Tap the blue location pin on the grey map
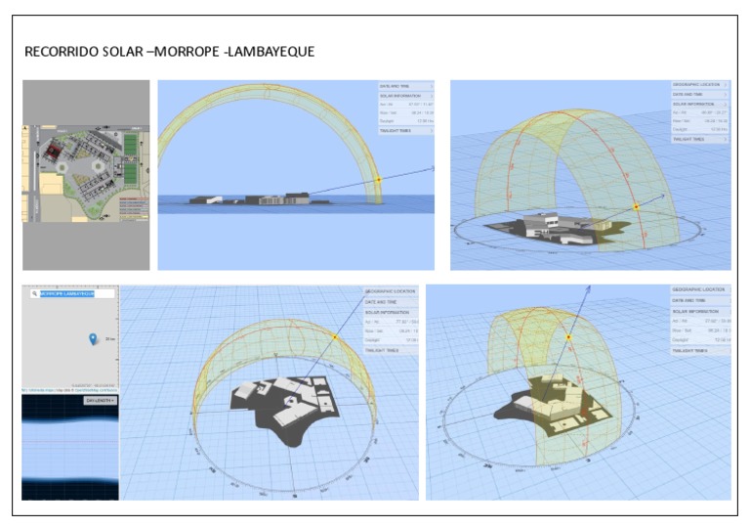coord(93,339)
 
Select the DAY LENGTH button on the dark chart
coord(100,400)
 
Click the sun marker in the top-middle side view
coord(379,180)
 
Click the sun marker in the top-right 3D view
coord(636,206)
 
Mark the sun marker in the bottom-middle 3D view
coord(335,337)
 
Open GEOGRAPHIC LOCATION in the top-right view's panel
coord(697,85)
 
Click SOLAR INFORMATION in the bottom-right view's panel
coord(697,311)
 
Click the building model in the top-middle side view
coord(264,198)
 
